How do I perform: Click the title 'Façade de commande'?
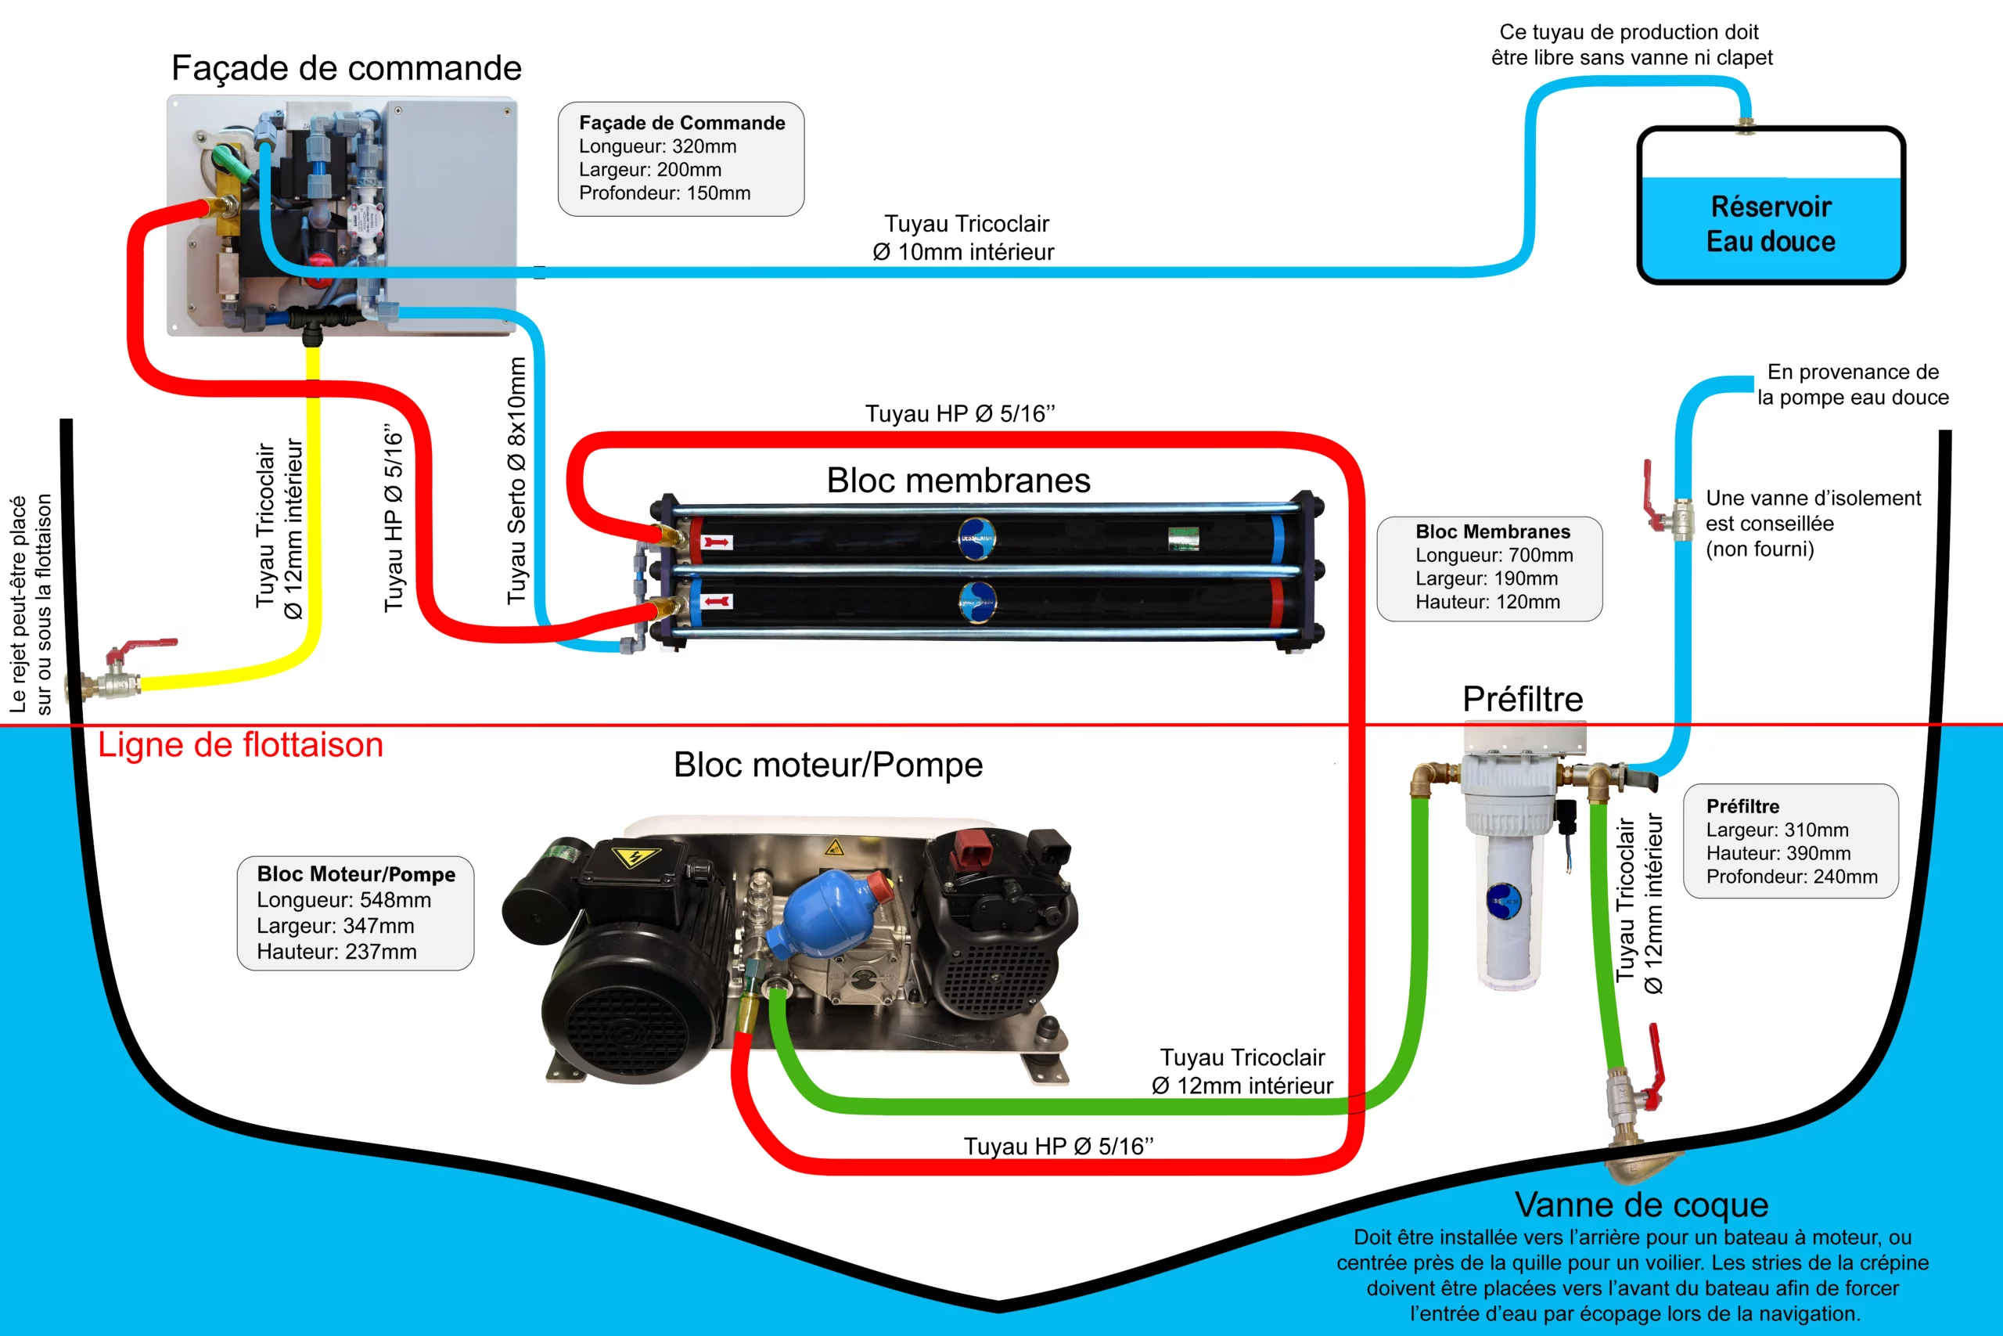pyautogui.click(x=346, y=68)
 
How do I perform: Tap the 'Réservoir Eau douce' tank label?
pyautogui.click(x=1771, y=224)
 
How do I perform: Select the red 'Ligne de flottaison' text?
pyautogui.click(x=240, y=744)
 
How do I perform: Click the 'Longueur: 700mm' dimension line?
pyautogui.click(x=1494, y=555)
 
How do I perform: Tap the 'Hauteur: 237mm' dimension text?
pyautogui.click(x=336, y=952)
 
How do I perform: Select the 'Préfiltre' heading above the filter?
pyautogui.click(x=1523, y=700)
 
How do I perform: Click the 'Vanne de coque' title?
pyautogui.click(x=1641, y=1205)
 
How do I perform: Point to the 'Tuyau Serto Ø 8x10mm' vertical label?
pyautogui.click(x=517, y=481)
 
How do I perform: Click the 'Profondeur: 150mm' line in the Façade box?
pyautogui.click(x=664, y=193)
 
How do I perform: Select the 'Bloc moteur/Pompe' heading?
pyautogui.click(x=828, y=765)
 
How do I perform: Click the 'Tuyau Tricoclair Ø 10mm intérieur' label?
pyautogui.click(x=964, y=238)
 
